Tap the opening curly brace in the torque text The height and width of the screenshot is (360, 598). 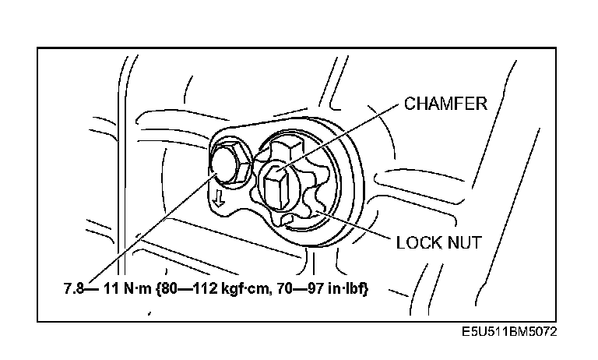[160, 289]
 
